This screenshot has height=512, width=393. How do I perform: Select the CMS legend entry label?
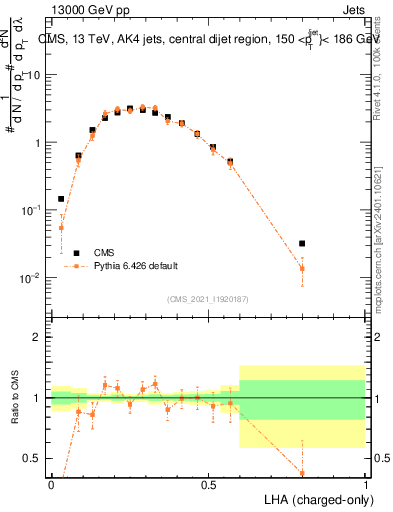pyautogui.click(x=104, y=253)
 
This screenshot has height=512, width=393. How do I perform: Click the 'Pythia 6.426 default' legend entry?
pyautogui.click(x=136, y=266)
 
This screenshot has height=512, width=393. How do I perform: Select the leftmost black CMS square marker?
pyautogui.click(x=61, y=199)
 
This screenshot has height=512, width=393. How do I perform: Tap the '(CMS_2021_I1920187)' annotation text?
pyautogui.click(x=208, y=299)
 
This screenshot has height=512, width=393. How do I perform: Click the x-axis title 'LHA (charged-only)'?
pyautogui.click(x=312, y=498)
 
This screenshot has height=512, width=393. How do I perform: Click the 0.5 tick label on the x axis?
pyautogui.click(x=208, y=483)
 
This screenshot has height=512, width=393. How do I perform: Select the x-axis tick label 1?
pyautogui.click(x=365, y=483)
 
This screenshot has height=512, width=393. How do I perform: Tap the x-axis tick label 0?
pyautogui.click(x=51, y=483)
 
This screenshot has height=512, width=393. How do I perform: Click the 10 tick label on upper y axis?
pyautogui.click(x=34, y=75)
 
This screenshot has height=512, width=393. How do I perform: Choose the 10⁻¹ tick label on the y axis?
pyautogui.click(x=31, y=210)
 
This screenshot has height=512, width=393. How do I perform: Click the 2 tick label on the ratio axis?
pyautogui.click(x=38, y=337)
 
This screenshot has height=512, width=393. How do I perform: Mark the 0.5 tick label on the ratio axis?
pyautogui.click(x=34, y=458)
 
